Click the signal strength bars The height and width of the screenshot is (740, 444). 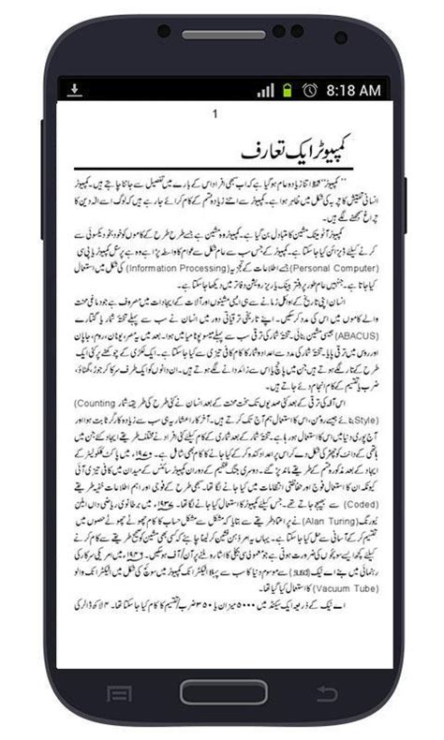[x=266, y=90]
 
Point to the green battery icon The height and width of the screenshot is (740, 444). [x=287, y=90]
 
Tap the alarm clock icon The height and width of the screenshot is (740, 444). [x=308, y=90]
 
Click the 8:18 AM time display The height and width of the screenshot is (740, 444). [x=353, y=90]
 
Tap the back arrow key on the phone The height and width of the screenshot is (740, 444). [x=326, y=693]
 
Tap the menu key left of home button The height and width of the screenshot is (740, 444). [x=119, y=694]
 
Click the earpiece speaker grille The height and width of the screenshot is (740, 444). [x=222, y=35]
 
